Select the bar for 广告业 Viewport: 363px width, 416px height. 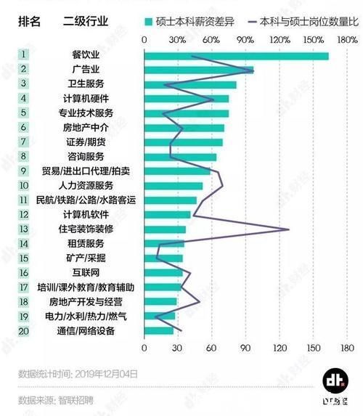coord(199,70)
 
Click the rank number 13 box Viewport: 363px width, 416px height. coord(23,229)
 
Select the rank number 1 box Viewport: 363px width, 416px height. coord(23,54)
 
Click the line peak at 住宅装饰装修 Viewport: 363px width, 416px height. coord(289,229)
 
